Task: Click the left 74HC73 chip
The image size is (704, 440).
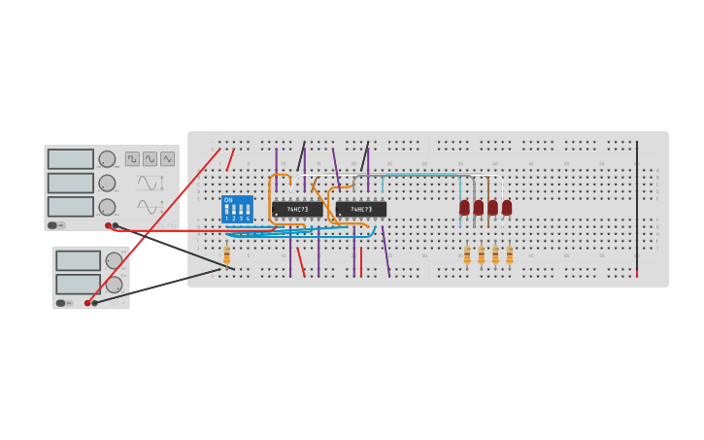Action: tap(296, 209)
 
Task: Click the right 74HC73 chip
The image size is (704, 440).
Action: tap(361, 209)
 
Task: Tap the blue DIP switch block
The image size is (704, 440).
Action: tap(237, 209)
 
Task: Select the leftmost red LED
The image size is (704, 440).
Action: tap(464, 207)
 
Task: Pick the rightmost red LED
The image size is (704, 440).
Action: tap(507, 207)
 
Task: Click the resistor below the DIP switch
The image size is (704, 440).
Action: tap(227, 254)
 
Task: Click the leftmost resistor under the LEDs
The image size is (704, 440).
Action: tap(467, 254)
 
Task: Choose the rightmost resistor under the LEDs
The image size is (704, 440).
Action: tap(509, 254)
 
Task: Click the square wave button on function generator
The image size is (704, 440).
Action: tap(132, 158)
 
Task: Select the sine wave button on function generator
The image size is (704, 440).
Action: tap(150, 158)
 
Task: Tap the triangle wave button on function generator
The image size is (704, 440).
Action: tap(167, 158)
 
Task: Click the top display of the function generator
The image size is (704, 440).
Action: tap(71, 158)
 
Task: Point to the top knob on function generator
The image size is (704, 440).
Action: tap(107, 158)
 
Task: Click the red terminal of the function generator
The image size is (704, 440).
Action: tap(109, 225)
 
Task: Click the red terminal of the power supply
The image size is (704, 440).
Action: tap(87, 303)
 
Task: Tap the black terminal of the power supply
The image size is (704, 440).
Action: tap(95, 303)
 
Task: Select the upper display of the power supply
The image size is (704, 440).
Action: tap(78, 260)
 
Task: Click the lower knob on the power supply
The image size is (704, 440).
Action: tap(114, 285)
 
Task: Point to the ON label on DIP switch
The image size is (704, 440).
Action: tap(228, 200)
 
